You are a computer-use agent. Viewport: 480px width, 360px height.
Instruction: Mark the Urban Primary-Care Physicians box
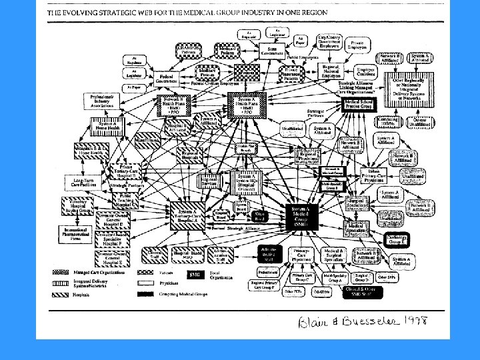click(378, 175)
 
